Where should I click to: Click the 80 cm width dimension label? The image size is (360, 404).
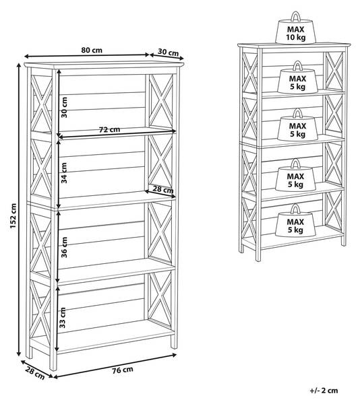point(92,50)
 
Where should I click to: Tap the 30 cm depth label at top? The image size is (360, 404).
point(168,53)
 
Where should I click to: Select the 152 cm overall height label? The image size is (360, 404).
point(13,215)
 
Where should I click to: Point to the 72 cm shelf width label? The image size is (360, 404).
point(110,129)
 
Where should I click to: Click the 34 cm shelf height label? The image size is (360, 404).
point(64,172)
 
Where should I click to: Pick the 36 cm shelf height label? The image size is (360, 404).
point(64,247)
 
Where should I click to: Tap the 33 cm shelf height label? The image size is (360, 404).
point(63,318)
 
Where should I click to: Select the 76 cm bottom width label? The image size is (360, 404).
point(123,370)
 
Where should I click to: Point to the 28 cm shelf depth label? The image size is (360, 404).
point(163,189)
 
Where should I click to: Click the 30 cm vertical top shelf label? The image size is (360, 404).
point(64,108)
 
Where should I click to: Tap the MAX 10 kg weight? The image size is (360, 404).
point(295,28)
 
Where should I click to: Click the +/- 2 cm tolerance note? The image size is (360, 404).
point(324,391)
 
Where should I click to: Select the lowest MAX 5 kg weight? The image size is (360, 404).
point(295,221)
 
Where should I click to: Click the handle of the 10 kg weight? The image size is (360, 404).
point(295,16)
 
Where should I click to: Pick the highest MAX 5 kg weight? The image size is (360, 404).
point(297,77)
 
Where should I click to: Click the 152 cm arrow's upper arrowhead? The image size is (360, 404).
point(19,65)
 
